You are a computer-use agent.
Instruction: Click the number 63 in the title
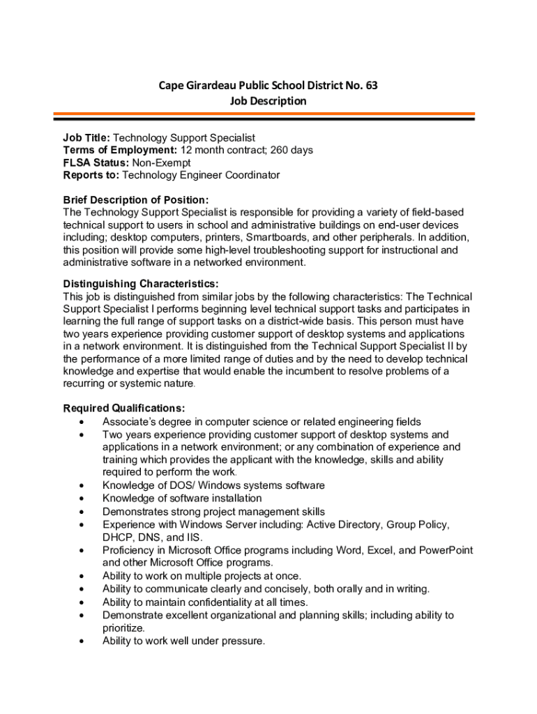(371, 86)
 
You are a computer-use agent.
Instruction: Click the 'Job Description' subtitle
(268, 101)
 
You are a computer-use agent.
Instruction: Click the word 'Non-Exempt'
(161, 162)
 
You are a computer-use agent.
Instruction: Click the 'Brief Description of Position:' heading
(135, 200)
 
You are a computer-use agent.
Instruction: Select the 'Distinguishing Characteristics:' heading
(141, 284)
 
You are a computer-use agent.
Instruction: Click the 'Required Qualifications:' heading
(123, 408)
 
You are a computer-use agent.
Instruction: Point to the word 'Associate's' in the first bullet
(129, 421)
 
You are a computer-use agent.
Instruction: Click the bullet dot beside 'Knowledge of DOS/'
(84, 486)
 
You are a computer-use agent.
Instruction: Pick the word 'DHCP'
(116, 538)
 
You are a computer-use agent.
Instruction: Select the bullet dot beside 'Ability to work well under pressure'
(84, 641)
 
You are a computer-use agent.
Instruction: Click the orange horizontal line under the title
(268, 114)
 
